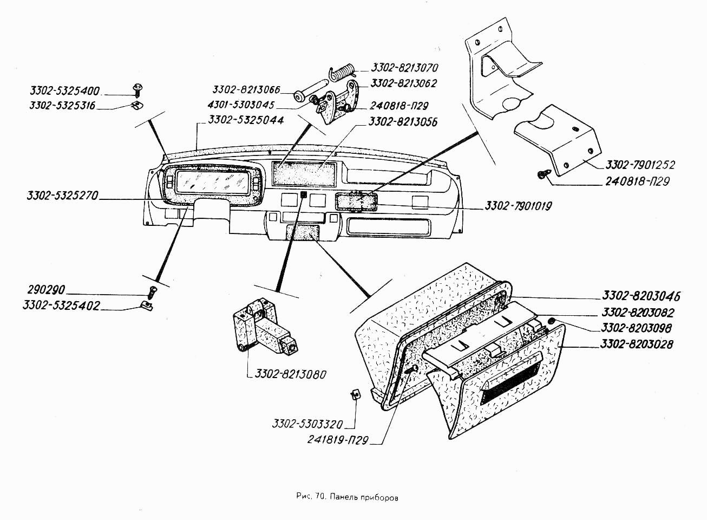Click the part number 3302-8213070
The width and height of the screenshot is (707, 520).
404,68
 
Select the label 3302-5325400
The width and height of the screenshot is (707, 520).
66,90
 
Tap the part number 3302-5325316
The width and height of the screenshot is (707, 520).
62,106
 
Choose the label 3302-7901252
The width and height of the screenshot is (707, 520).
640,165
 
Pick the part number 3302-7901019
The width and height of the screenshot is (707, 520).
518,206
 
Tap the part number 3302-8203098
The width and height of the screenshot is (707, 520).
636,328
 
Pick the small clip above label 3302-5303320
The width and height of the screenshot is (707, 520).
356,394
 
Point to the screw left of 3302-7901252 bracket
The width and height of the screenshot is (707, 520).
542,174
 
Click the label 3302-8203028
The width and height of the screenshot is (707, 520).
637,344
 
